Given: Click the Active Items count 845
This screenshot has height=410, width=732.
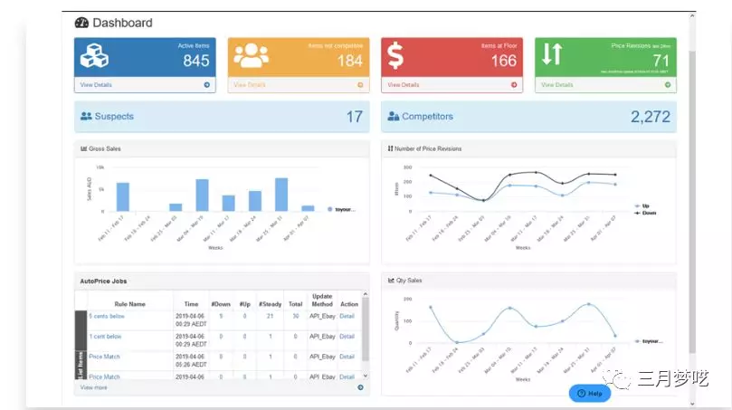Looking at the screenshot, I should pyautogui.click(x=195, y=61).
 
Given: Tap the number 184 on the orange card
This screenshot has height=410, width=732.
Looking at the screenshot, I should pyautogui.click(x=350, y=61).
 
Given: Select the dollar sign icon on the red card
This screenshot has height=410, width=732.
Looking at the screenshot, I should pyautogui.click(x=395, y=55).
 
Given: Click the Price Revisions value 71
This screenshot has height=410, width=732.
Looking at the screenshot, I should pyautogui.click(x=661, y=61).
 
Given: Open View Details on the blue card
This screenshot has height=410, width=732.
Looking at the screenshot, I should pyautogui.click(x=97, y=85).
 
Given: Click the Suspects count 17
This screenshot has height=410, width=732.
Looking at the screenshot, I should pyautogui.click(x=354, y=117).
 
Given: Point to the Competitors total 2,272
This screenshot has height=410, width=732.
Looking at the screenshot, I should pyautogui.click(x=651, y=117).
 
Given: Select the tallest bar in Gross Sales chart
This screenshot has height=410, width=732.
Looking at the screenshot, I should pyautogui.click(x=281, y=194).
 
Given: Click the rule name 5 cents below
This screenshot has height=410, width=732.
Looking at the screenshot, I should pyautogui.click(x=106, y=316).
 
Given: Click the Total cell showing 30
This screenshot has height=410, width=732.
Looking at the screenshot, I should pyautogui.click(x=296, y=316).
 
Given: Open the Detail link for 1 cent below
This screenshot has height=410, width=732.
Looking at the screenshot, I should pyautogui.click(x=347, y=337).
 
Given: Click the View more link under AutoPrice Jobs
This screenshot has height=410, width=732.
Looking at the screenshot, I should pyautogui.click(x=93, y=387).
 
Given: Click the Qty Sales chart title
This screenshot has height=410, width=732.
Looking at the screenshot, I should pyautogui.click(x=408, y=281).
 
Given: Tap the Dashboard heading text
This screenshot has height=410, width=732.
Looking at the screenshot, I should pyautogui.click(x=122, y=23).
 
